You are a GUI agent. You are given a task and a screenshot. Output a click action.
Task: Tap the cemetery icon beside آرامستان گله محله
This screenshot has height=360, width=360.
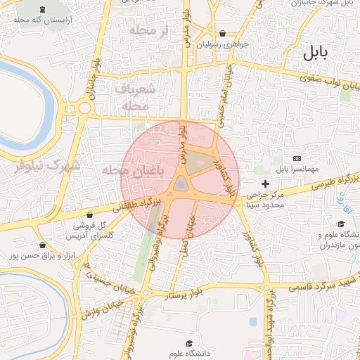(45, 9)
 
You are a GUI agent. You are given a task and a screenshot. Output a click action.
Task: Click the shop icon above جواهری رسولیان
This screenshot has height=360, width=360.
(223, 33)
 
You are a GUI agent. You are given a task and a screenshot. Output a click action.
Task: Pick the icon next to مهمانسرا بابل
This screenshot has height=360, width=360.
(297, 158)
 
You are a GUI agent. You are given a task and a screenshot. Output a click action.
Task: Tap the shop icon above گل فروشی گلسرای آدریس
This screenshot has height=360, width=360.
(89, 214)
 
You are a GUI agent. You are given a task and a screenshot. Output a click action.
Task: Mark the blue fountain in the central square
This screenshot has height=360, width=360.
(181, 185)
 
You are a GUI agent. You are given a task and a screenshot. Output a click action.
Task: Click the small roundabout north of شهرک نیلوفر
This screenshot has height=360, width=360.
(85, 108)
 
